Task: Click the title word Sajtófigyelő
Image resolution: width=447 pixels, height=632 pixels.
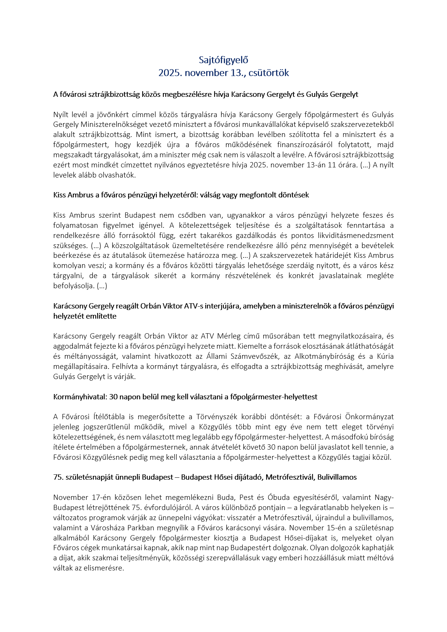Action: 223,60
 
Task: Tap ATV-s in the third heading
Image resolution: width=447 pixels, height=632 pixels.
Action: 193,306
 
